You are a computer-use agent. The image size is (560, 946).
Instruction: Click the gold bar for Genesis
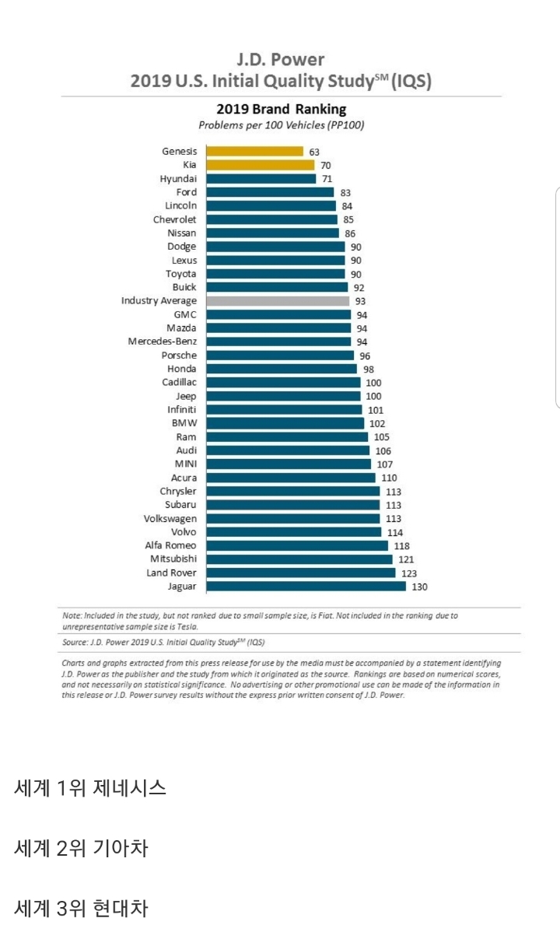tap(254, 152)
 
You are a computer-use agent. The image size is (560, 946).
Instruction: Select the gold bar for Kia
tap(260, 165)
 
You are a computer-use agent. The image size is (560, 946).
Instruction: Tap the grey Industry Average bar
tap(278, 301)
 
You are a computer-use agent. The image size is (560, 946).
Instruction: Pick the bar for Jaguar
tap(306, 587)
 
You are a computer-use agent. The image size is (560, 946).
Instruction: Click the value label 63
tap(314, 152)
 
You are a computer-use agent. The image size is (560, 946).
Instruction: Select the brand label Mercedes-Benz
tap(163, 342)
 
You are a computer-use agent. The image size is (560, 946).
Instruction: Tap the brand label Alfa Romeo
tap(170, 546)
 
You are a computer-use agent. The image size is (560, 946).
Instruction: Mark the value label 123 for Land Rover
tap(410, 573)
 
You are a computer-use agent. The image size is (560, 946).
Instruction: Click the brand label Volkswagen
tap(170, 519)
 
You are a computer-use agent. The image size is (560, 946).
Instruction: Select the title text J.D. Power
tap(281, 60)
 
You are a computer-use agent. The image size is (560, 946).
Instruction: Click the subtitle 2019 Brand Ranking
tap(281, 109)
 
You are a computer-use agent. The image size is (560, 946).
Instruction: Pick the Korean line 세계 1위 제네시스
tap(90, 787)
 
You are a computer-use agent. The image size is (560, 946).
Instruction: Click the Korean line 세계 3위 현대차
tap(81, 907)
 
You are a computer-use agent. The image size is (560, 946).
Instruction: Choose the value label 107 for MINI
tap(383, 464)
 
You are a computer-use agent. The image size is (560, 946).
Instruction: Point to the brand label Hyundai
tap(178, 179)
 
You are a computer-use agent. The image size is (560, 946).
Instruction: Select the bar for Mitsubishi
tap(299, 559)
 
